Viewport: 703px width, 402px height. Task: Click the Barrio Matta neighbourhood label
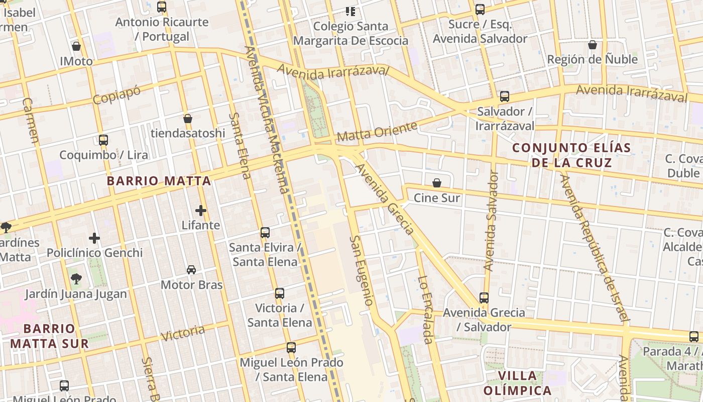159,181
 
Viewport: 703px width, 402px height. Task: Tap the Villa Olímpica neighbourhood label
518,383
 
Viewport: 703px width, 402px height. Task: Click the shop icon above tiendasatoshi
188,119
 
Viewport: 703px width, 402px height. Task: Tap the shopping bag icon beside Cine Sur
437,183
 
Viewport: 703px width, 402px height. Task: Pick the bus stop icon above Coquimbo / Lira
103,140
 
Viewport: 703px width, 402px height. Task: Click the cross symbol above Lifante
201,210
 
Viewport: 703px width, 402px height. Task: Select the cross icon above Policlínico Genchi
94,238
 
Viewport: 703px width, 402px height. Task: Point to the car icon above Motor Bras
191,270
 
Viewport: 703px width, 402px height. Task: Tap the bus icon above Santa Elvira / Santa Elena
265,233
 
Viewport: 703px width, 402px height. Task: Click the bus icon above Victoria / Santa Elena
280,293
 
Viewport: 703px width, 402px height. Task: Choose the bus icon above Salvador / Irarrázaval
505,96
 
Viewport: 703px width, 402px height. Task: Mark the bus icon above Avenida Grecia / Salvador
484,297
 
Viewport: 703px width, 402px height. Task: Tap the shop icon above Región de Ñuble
593,45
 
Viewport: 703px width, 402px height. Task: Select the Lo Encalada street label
425,310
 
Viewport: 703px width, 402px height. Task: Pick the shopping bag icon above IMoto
76,46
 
